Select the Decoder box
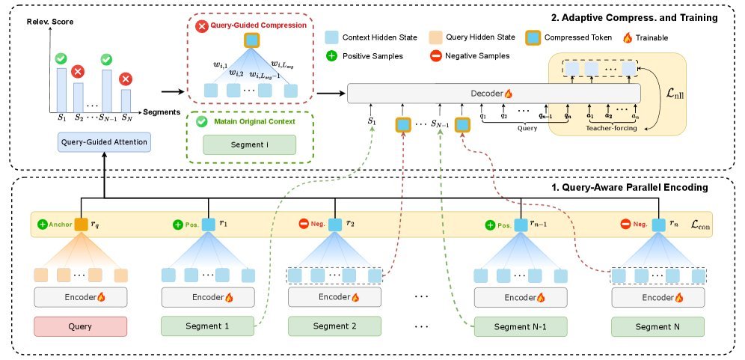494,94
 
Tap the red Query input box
80,326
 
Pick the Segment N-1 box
520,326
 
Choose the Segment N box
657,326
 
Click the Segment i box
249,144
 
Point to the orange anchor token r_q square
81,224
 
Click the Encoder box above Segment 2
334,297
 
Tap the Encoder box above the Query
80,297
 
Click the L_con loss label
701,224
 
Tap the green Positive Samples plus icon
331,55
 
